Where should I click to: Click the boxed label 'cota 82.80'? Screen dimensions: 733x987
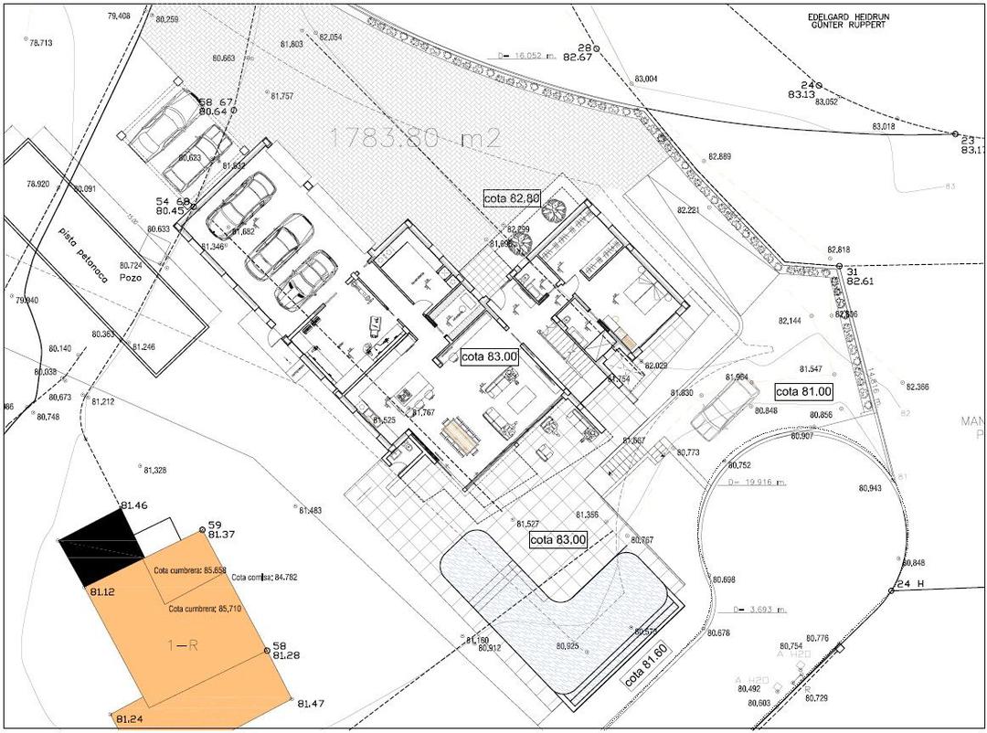[512, 197]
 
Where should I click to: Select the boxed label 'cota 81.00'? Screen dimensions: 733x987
[803, 391]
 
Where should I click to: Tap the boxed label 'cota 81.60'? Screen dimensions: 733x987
[644, 669]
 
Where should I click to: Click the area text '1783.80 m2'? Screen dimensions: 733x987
[415, 138]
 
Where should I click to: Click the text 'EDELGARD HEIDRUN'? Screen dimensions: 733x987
[849, 16]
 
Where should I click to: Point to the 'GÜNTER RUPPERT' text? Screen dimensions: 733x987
[849, 26]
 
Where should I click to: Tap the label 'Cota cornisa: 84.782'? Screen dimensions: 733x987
[265, 578]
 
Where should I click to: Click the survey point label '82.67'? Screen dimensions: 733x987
[578, 57]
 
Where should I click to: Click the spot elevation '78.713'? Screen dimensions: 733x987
[41, 43]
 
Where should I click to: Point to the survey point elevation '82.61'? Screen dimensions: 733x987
[860, 282]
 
